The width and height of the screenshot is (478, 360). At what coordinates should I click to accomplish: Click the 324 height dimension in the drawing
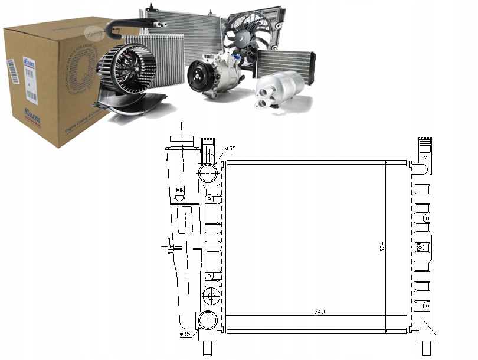click(x=382, y=247)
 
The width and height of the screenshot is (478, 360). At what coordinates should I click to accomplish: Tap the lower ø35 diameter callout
click(x=185, y=334)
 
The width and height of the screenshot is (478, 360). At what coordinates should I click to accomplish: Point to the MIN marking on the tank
click(x=181, y=190)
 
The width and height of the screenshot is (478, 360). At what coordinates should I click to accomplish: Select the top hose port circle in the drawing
click(x=208, y=172)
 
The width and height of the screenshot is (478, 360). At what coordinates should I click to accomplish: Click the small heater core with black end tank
click(x=285, y=63)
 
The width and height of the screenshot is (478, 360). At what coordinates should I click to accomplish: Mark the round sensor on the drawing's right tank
click(x=420, y=248)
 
